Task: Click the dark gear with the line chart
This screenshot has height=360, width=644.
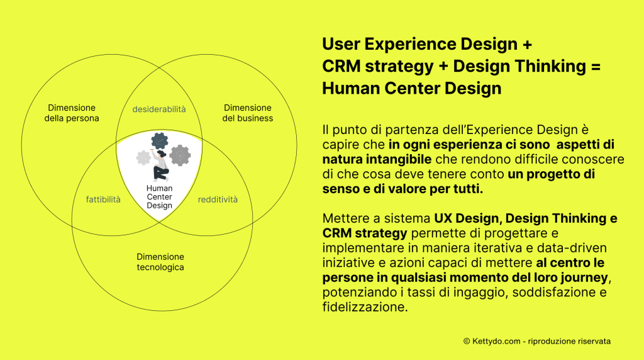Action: tap(160, 140)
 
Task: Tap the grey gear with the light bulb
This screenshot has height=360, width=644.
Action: tap(180, 154)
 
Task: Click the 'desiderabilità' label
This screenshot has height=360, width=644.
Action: tap(159, 109)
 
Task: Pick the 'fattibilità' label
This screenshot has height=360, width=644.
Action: tap(103, 200)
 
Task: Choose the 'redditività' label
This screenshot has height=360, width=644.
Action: tap(218, 200)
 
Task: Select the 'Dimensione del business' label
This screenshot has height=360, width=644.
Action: tap(247, 113)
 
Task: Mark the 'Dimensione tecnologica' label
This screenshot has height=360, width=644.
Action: tap(160, 262)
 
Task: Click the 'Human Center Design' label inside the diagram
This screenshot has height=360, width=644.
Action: tap(159, 196)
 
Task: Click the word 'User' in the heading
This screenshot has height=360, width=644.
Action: tap(341, 45)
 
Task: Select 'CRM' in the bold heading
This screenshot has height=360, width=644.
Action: tap(342, 66)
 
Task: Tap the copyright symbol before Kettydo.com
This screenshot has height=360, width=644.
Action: tap(467, 341)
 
